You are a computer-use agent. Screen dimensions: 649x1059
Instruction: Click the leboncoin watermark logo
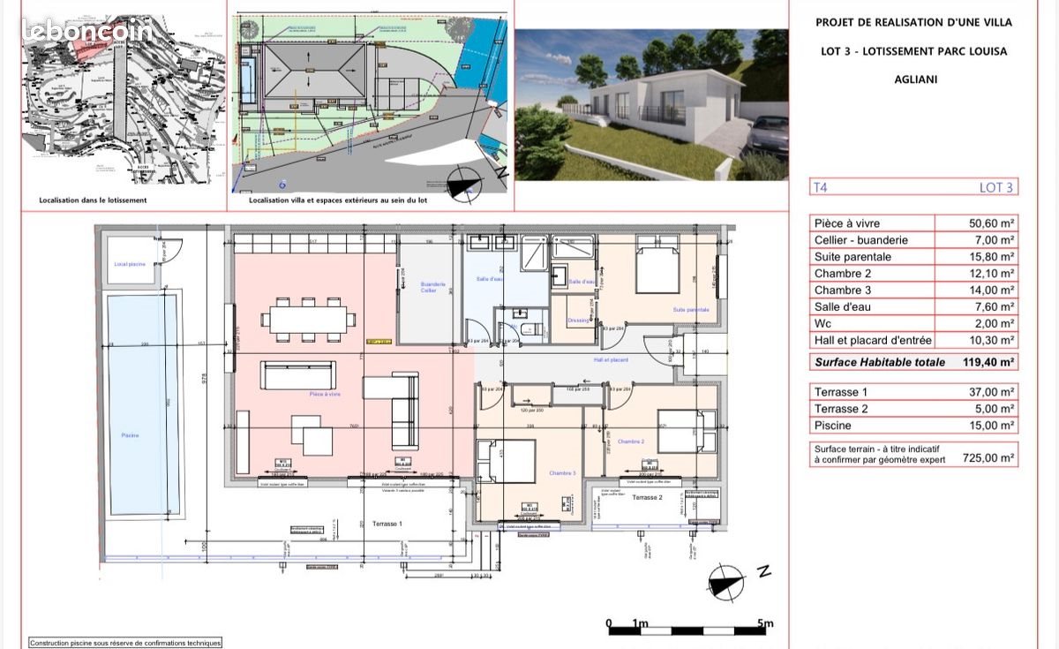point(87,31)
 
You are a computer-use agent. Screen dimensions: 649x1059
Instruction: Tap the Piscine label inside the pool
point(131,435)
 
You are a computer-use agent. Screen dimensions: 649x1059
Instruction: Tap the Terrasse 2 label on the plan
point(647,498)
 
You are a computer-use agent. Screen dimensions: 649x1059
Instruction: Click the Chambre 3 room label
point(561,473)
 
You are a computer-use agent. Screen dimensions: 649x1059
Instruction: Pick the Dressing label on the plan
point(578,320)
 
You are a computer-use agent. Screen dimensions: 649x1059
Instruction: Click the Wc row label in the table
point(822,323)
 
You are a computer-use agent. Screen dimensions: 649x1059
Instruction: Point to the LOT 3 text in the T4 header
point(996,187)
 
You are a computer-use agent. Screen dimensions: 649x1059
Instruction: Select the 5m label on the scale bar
point(765,624)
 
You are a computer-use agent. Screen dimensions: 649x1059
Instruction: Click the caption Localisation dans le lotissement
point(93,200)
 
